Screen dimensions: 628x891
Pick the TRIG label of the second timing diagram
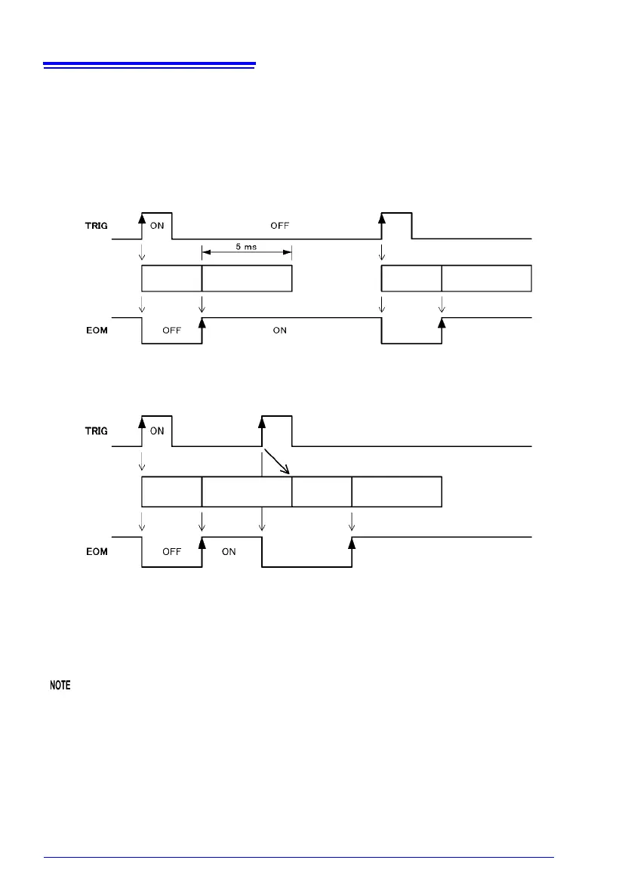point(96,431)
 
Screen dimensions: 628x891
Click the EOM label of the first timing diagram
point(96,329)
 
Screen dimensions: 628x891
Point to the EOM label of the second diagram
point(96,551)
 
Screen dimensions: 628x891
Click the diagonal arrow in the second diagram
point(277,463)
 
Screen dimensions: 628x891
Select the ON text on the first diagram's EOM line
point(280,329)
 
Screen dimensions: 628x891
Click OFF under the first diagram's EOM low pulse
point(172,330)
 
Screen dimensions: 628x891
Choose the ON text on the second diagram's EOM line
point(229,552)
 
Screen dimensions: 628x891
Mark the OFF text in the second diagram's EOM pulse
point(172,552)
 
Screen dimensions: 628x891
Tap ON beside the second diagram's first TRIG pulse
point(157,431)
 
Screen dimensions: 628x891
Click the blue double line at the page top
point(149,66)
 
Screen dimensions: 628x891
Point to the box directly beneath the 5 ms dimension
point(247,279)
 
